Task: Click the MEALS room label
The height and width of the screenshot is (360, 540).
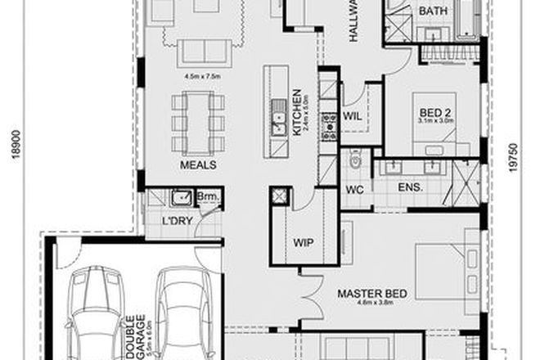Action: click(197, 164)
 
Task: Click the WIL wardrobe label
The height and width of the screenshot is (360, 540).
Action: click(353, 115)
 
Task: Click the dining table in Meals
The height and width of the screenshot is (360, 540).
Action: click(197, 123)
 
